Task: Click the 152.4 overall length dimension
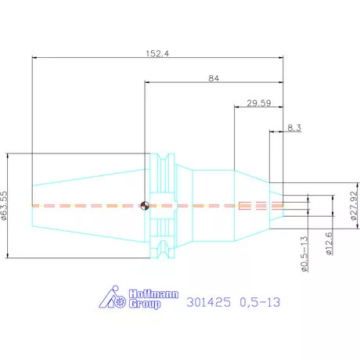(x=157, y=54)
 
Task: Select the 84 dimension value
(x=214, y=78)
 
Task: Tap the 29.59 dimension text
(x=259, y=103)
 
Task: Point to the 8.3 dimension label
(x=294, y=128)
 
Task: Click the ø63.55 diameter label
(x=5, y=206)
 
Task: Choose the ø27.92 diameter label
(x=354, y=206)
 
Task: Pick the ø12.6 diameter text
(x=329, y=243)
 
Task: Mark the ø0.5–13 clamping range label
(x=304, y=254)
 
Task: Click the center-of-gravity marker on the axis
(x=145, y=206)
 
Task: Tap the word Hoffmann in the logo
(x=153, y=294)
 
